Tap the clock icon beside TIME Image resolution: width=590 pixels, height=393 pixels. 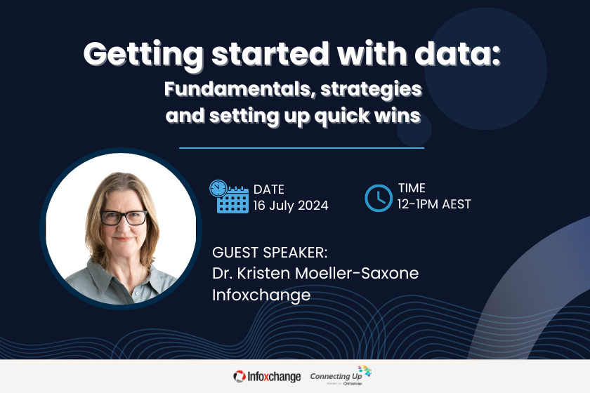pyautogui.click(x=379, y=198)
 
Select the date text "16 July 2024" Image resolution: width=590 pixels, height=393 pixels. pyautogui.click(x=291, y=206)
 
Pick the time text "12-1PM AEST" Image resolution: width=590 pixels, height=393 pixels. pyautogui.click(x=434, y=204)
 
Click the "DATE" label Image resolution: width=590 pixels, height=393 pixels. pyautogui.click(x=268, y=189)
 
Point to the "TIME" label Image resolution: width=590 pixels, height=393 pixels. pyautogui.click(x=412, y=188)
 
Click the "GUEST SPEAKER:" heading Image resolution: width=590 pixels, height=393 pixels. pyautogui.click(x=270, y=252)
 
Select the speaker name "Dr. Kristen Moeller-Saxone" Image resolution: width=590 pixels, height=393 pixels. pyautogui.click(x=315, y=273)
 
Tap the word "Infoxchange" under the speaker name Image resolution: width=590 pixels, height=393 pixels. pyautogui.click(x=261, y=295)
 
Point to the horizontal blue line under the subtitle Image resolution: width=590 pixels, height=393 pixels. pyautogui.click(x=302, y=148)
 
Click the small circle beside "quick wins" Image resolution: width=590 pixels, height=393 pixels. pyautogui.click(x=414, y=128)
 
